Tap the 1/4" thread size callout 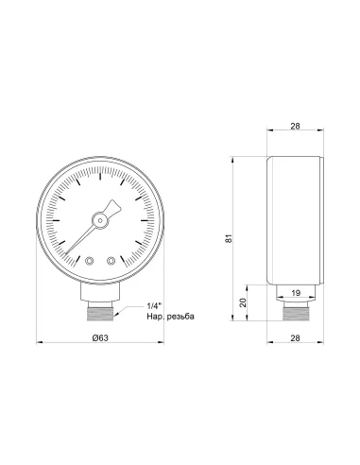click(x=156, y=305)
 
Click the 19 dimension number click(x=296, y=293)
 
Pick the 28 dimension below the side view click(x=296, y=337)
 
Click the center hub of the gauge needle click(x=98, y=221)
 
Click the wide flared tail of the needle click(x=116, y=207)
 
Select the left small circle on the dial click(x=89, y=261)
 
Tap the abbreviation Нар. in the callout click(x=156, y=318)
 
